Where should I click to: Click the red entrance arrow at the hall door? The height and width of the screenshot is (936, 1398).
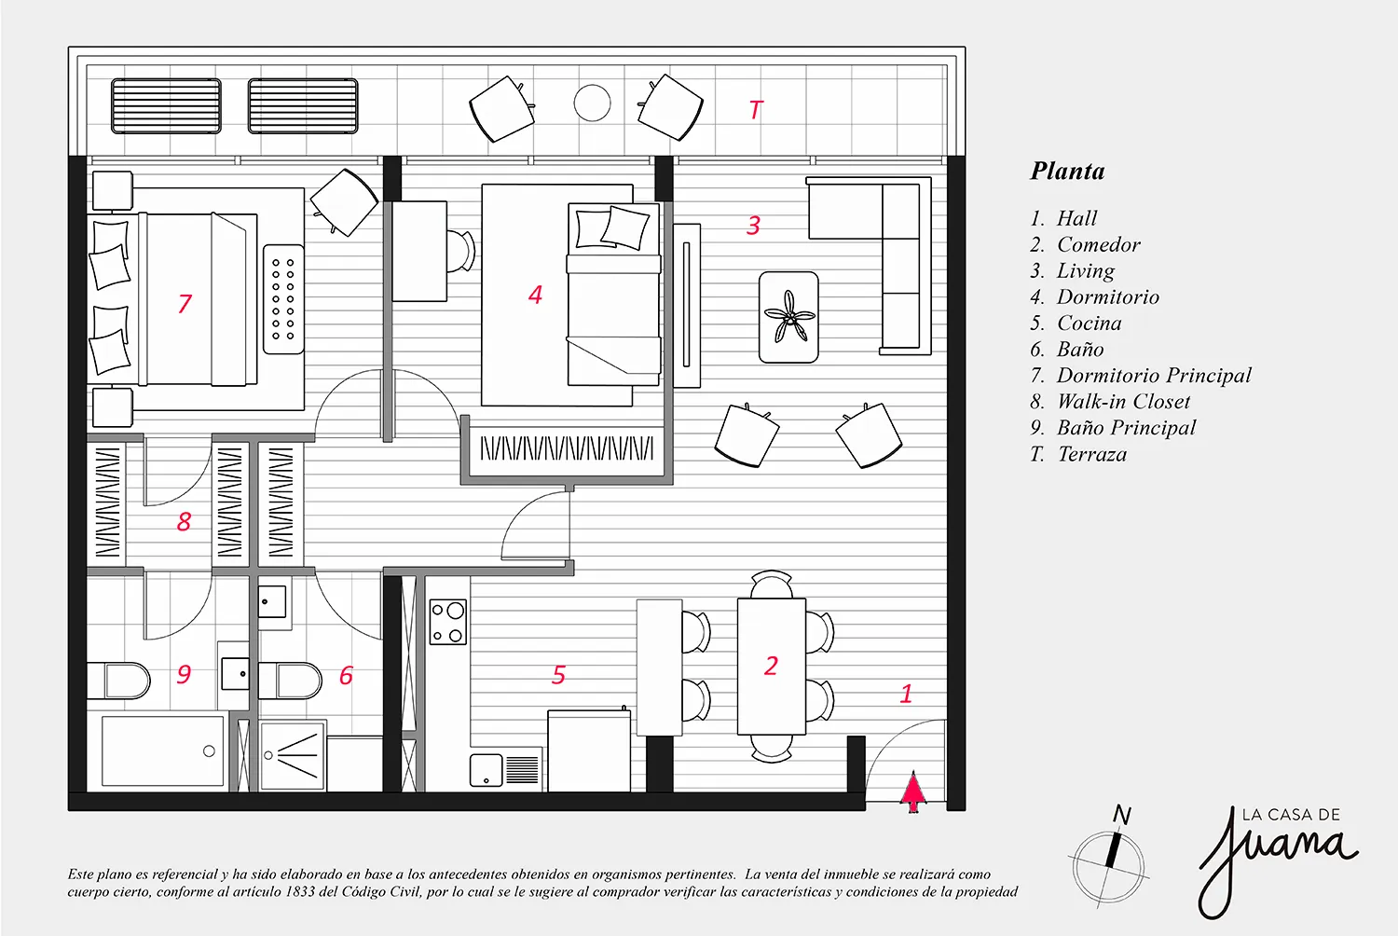pos(913,791)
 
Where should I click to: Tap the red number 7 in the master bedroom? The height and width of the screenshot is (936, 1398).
pos(185,304)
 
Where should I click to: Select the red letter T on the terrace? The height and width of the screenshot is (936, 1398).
pos(756,110)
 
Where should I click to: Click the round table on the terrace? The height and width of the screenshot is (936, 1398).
pos(592,103)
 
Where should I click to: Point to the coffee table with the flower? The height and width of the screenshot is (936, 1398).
pos(788,317)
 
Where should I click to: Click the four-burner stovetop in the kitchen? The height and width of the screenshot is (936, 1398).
pos(448,622)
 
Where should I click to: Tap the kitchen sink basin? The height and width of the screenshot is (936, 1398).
pos(487,770)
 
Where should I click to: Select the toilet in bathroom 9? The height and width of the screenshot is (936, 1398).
pos(118,681)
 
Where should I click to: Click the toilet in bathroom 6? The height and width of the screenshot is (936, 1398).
pos(290,681)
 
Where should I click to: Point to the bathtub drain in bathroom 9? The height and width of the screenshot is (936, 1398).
pos(209,751)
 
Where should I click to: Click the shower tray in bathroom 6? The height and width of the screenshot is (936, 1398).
pos(293,756)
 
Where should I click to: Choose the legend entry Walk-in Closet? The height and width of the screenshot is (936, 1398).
pos(1123,402)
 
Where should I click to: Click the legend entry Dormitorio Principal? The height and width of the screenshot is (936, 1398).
pos(1154,376)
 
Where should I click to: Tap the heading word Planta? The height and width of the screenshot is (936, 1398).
pos(1067,172)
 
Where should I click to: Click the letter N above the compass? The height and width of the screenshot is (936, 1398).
pos(1121,815)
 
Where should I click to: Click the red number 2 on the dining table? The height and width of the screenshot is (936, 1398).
pos(771,666)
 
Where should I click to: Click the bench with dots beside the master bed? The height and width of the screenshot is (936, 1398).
pos(283,299)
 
